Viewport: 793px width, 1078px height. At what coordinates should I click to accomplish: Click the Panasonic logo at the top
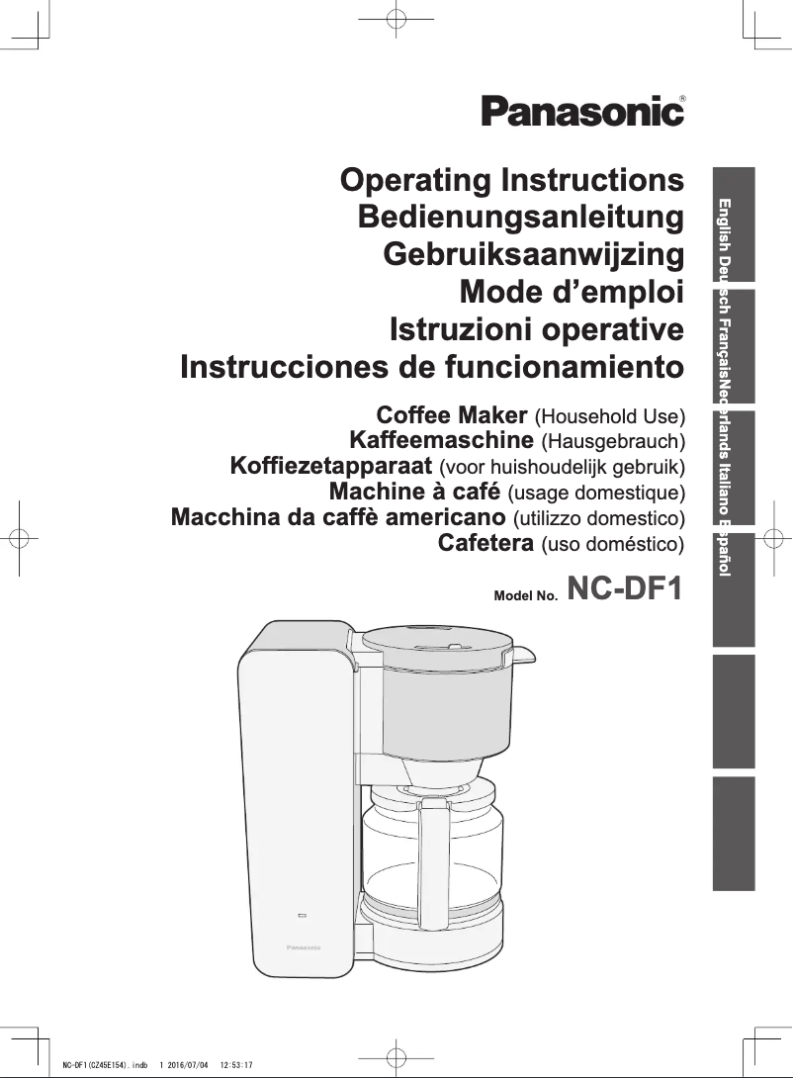tap(582, 111)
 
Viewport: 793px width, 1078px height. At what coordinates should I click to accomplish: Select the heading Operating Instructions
tap(512, 180)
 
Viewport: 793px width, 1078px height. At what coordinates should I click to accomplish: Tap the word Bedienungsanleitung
tap(521, 218)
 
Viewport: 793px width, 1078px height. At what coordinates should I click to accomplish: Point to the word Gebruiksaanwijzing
tap(533, 254)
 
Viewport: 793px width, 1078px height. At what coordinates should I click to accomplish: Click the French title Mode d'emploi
tap(572, 292)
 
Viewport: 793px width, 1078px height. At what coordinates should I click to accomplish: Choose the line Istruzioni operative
tap(537, 328)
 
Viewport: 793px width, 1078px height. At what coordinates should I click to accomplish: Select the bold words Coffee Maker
tap(452, 415)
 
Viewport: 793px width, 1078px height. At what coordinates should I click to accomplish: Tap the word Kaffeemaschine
tap(441, 440)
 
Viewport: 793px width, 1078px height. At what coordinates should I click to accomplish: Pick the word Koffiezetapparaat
tap(331, 466)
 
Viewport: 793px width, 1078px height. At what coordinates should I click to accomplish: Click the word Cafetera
tap(485, 543)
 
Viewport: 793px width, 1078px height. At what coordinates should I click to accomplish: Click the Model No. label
tap(526, 595)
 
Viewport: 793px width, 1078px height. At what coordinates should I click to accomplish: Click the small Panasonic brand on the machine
tap(303, 947)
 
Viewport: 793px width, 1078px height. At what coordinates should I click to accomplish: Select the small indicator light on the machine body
tap(302, 916)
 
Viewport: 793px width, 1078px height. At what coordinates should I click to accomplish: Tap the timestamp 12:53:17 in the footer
tap(236, 1065)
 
